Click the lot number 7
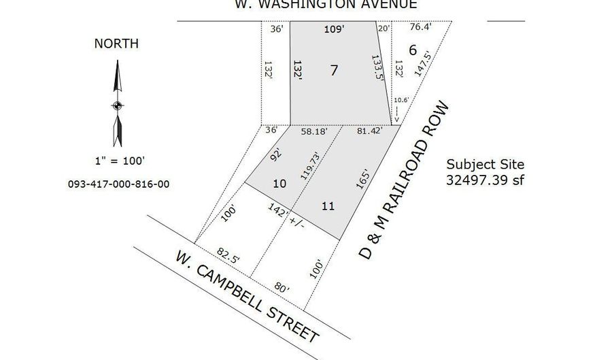coord(333,70)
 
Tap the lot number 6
coord(412,50)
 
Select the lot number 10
coord(279,184)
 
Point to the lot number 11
coord(328,205)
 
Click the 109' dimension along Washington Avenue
coord(333,29)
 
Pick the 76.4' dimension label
coord(422,28)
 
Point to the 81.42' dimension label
coord(369,131)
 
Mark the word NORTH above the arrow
coord(116,44)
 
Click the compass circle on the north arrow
coord(117,105)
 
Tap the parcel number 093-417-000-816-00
coord(119,184)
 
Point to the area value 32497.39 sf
coord(486,180)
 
